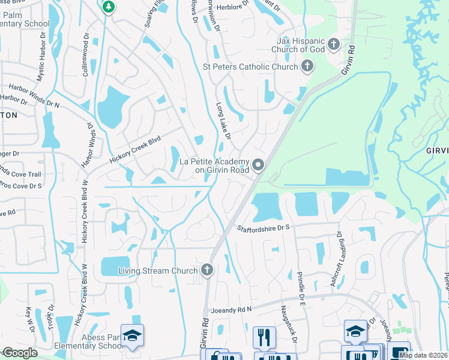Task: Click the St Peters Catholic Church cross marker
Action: point(307,66)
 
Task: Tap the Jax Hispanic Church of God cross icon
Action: point(334,44)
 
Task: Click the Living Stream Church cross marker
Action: point(207,270)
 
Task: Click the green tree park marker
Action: point(108,7)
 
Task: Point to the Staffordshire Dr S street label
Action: point(264,228)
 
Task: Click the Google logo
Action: point(19,353)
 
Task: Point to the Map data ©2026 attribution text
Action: point(423,355)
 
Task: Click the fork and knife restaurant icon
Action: point(264,337)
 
